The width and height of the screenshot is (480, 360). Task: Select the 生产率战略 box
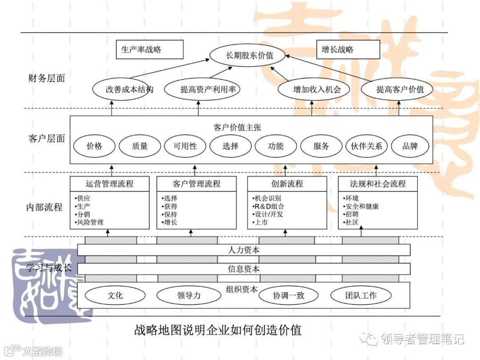tap(149, 49)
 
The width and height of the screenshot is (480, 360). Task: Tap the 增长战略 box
tap(348, 49)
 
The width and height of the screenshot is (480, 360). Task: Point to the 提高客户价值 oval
tap(400, 89)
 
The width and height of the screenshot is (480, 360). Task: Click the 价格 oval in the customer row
tap(94, 146)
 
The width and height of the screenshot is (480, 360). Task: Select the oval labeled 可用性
tap(185, 146)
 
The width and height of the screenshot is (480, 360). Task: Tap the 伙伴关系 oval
tap(366, 146)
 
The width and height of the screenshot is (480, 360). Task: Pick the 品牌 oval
tap(410, 146)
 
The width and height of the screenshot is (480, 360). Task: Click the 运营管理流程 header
tap(109, 184)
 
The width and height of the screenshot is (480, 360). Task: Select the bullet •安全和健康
tap(360, 206)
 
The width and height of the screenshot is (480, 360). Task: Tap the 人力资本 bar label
tap(243, 250)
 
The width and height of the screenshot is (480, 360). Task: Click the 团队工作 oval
tap(360, 295)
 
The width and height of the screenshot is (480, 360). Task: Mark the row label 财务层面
tap(46, 79)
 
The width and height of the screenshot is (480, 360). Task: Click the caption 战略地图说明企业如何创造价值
tap(218, 330)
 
